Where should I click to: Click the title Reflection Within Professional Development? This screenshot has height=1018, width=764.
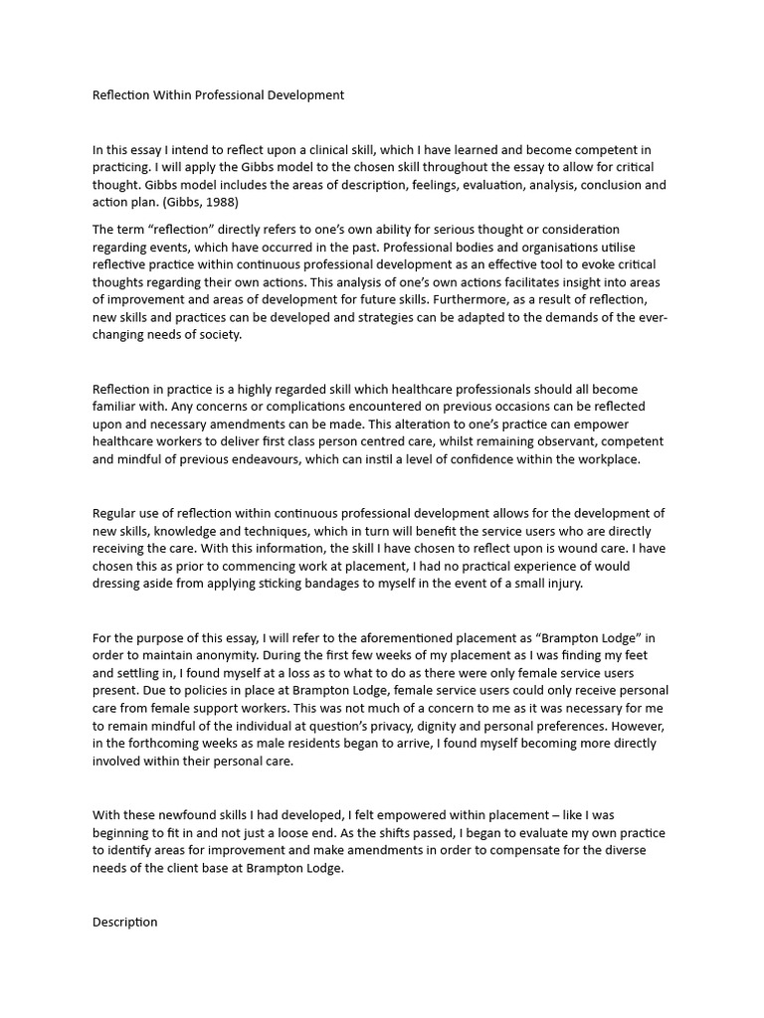pyautogui.click(x=218, y=95)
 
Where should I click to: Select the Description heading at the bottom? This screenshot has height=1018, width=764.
pyautogui.click(x=125, y=922)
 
